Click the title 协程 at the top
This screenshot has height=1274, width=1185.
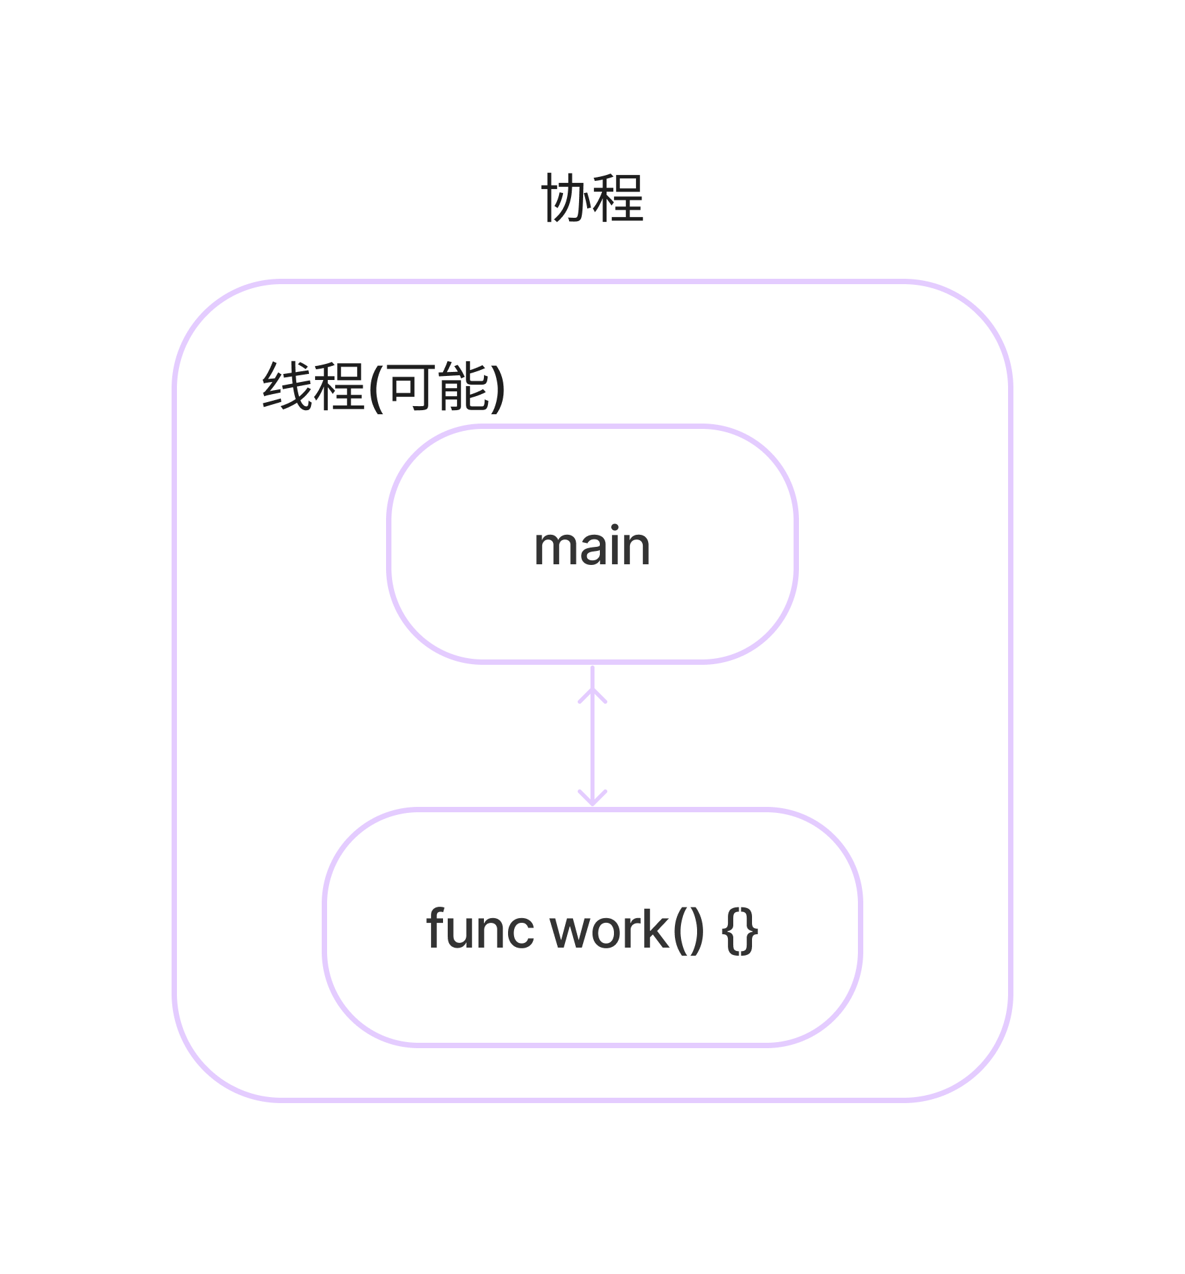[592, 198]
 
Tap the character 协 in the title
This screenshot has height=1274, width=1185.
[566, 198]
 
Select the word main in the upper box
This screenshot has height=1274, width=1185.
[592, 546]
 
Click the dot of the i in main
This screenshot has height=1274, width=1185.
[615, 528]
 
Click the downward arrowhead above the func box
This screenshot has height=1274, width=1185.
[592, 799]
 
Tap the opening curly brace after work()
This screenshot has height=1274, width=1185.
[731, 932]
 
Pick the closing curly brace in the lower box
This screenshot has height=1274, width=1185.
[751, 932]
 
